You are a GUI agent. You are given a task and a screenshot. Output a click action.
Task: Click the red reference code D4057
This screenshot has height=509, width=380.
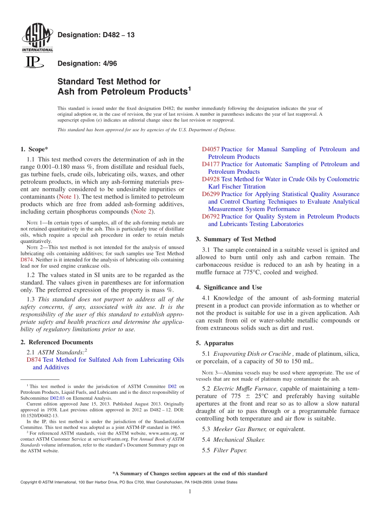(x=210, y=149)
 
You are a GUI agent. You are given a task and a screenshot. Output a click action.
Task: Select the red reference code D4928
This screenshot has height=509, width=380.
(x=210, y=179)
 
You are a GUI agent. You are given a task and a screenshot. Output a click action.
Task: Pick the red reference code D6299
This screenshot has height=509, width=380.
(x=210, y=194)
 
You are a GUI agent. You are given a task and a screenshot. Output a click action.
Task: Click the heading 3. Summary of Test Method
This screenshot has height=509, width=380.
(x=236, y=239)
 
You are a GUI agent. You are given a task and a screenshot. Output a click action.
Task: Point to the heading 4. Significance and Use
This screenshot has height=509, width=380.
(x=229, y=287)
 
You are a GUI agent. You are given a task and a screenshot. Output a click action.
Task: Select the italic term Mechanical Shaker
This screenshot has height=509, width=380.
(x=239, y=440)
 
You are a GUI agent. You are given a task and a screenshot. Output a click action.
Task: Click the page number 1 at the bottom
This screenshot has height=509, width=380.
(x=190, y=491)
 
